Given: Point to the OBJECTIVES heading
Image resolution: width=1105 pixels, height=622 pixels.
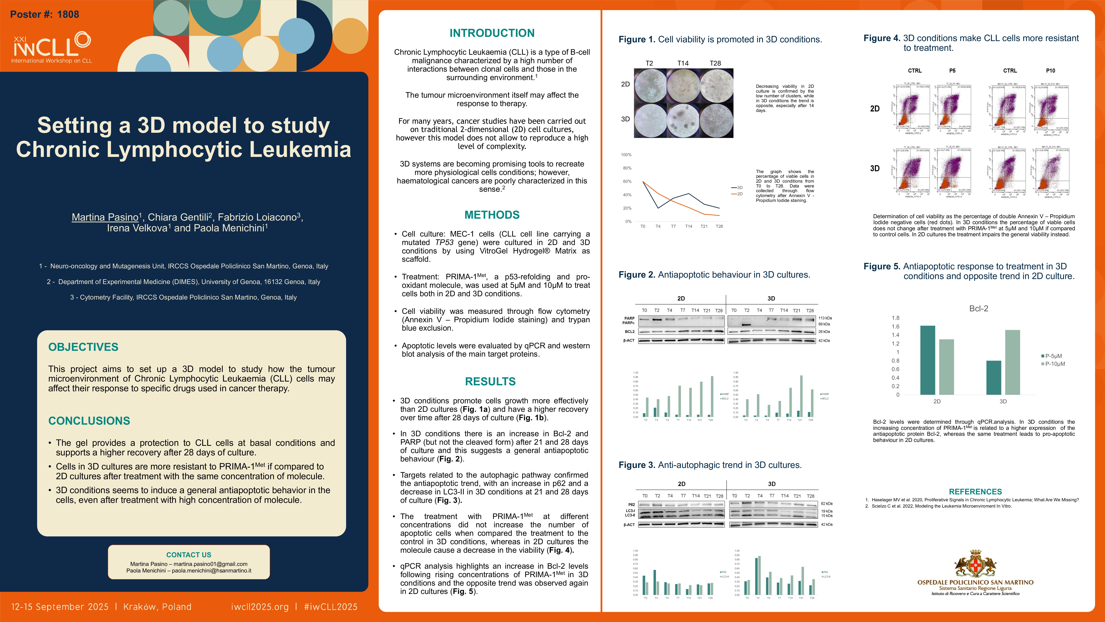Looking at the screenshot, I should pos(83,347).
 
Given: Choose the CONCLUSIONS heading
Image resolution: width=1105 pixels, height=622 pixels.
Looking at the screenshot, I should pos(89,421).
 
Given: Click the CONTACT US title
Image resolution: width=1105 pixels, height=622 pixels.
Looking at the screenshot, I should pos(189,555).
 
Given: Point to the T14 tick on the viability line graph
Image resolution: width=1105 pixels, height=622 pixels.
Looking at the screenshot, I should pos(689,226).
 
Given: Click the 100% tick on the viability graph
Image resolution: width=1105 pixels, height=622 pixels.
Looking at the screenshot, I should pos(626,155).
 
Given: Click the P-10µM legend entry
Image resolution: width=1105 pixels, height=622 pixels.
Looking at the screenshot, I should pos(1054,364).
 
